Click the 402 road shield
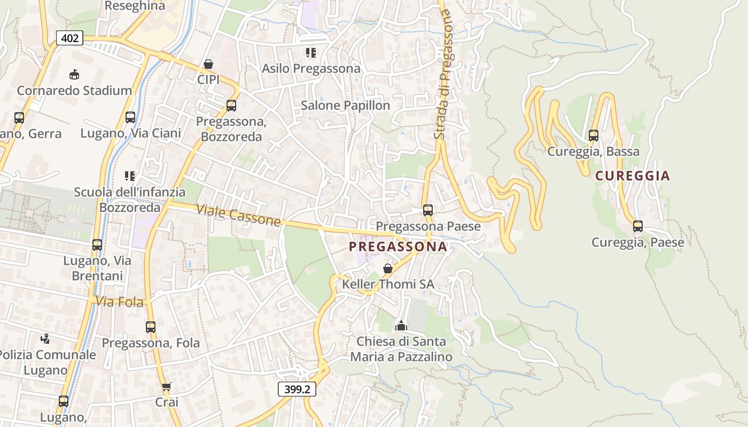click(69, 38)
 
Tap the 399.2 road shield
click(297, 389)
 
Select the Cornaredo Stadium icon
click(74, 75)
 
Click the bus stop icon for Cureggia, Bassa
click(594, 136)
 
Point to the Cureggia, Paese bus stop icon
click(638, 226)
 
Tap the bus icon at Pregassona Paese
click(428, 210)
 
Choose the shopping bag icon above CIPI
click(208, 64)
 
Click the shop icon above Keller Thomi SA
click(388, 268)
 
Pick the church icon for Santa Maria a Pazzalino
click(401, 325)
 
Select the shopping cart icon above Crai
click(166, 386)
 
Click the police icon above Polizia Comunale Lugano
click(45, 338)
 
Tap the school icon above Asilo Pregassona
click(311, 53)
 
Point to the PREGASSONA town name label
click(398, 247)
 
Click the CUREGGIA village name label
click(633, 176)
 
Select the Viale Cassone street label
click(238, 215)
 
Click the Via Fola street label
click(120, 302)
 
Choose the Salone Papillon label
click(345, 106)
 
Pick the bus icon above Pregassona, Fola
click(151, 327)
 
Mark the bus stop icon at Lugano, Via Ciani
click(130, 117)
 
